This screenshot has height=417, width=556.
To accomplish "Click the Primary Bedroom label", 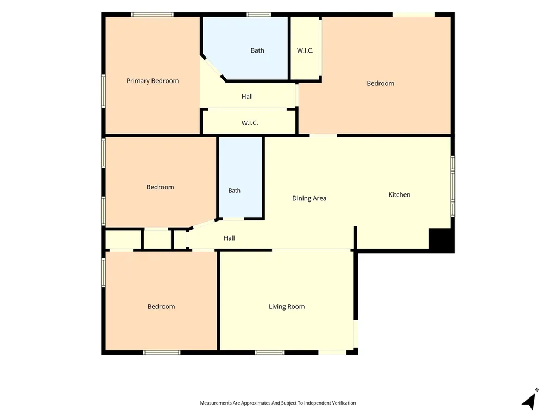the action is point(153,81).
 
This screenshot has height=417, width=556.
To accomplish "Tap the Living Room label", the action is point(287,307).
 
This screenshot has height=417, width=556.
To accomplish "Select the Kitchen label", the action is point(399,195).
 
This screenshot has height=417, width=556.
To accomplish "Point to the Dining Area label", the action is point(309,199).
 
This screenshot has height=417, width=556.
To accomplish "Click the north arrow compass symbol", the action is point(530,401).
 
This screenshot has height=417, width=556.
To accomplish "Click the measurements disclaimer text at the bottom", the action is point(277,403).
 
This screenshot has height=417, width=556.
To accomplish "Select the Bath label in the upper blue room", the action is point(257,50).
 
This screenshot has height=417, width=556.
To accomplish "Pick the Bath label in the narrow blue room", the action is point(235,191).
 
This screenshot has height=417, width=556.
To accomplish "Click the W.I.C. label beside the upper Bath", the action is point(305,50).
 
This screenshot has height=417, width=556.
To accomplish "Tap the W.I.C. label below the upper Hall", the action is point(250,123).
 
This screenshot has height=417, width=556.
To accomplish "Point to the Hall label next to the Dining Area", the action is point(229,238).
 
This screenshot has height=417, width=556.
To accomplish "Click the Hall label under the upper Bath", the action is point(247,97).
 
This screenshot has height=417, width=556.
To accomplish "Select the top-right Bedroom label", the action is point(380,83).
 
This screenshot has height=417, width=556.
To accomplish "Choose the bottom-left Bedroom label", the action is point(161,307).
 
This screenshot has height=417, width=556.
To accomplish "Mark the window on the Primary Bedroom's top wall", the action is point(152,15).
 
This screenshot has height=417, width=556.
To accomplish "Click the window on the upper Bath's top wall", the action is point(258,15).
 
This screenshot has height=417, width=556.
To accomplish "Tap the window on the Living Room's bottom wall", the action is point(269,352).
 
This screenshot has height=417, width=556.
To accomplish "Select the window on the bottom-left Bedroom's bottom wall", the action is point(162,352).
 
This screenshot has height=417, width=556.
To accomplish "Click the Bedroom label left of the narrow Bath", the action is point(160,187).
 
